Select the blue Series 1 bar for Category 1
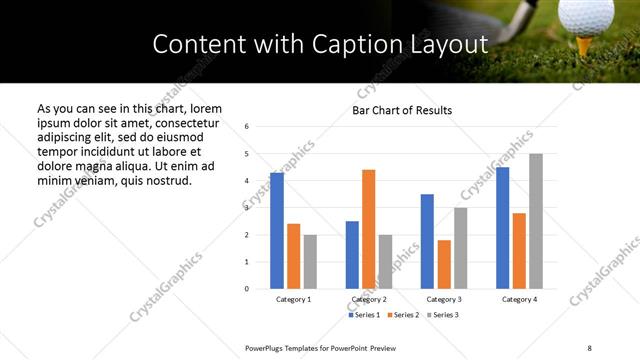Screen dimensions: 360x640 tap(277, 230)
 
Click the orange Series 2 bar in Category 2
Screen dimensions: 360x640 tap(368, 229)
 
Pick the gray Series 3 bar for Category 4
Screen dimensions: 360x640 tap(536, 221)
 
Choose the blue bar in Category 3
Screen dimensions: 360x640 tap(427, 241)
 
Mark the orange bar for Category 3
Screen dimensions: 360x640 tap(444, 264)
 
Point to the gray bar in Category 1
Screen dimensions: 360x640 tap(310, 261)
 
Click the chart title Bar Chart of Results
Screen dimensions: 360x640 tap(402, 110)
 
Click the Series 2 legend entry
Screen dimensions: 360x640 tap(404, 315)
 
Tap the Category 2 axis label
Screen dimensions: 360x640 tap(369, 299)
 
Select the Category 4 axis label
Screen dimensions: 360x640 tap(519, 299)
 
